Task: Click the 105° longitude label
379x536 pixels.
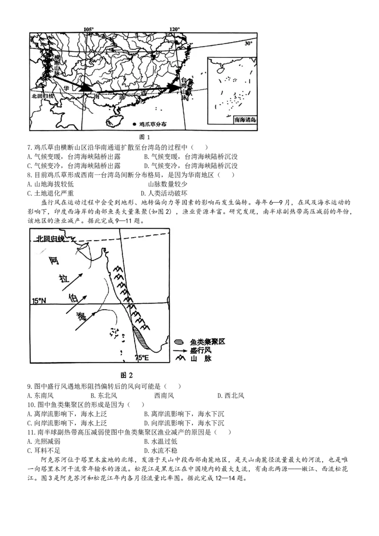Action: pyautogui.click(x=89, y=29)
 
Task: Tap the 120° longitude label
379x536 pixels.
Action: pyautogui.click(x=175, y=29)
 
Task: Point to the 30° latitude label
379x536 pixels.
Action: pyautogui.click(x=249, y=43)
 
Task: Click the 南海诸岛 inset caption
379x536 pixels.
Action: pyautogui.click(x=245, y=120)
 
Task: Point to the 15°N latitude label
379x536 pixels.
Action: pyautogui.click(x=40, y=301)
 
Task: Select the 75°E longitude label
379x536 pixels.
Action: pyautogui.click(x=142, y=358)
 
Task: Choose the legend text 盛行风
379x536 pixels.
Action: pyautogui.click(x=200, y=350)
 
